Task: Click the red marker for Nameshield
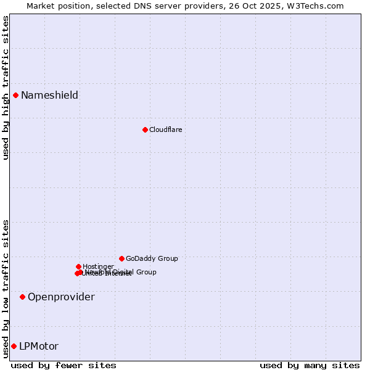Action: point(15,95)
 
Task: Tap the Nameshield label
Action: point(49,95)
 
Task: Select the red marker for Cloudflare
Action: point(145,129)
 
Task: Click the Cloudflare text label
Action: point(165,129)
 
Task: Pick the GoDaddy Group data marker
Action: point(121,258)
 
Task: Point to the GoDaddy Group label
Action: point(152,258)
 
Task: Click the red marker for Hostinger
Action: point(78,266)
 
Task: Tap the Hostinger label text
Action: point(98,266)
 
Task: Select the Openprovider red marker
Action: point(22,297)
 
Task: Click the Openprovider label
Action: point(61,297)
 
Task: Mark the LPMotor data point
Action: point(14,346)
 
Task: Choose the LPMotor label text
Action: point(39,346)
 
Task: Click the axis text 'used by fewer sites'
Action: point(64,365)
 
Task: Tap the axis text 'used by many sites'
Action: point(310,365)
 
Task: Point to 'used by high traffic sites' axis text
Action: point(6,88)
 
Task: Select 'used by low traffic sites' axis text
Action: point(6,289)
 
